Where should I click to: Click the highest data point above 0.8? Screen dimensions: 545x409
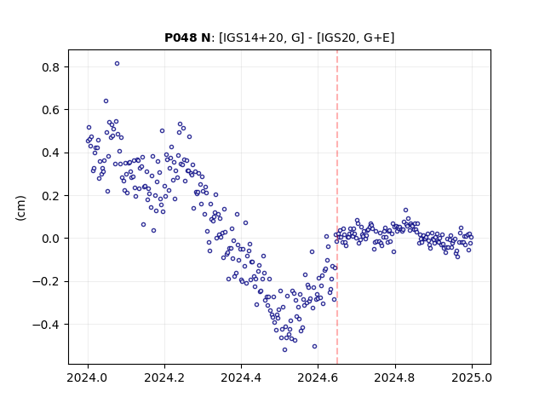click(x=118, y=64)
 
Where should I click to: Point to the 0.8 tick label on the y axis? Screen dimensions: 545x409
click(x=50, y=67)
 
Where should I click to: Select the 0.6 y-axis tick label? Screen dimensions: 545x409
click(x=50, y=110)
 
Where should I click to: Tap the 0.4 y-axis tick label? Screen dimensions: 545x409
click(x=50, y=153)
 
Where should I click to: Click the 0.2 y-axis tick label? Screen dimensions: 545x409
click(x=50, y=196)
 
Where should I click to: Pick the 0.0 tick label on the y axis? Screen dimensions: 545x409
click(x=50, y=239)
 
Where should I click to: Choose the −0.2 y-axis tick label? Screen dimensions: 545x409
click(x=46, y=282)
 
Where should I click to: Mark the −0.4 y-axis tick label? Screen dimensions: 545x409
click(x=46, y=325)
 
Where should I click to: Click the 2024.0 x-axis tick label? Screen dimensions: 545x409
click(x=88, y=377)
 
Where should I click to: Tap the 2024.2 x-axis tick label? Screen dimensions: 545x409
click(x=164, y=377)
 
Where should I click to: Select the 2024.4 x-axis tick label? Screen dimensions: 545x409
click(x=241, y=377)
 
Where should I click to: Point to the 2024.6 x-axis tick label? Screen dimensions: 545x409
click(x=318, y=377)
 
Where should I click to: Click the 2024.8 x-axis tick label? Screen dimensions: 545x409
click(x=395, y=377)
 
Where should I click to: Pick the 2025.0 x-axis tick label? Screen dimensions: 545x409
click(x=472, y=377)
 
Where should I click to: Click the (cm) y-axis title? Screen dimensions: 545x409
click(x=20, y=208)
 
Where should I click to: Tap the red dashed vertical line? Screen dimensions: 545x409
click(x=337, y=207)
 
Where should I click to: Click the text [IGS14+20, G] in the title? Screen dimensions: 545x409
click(x=261, y=37)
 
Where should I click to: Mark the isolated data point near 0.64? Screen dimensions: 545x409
click(x=106, y=101)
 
